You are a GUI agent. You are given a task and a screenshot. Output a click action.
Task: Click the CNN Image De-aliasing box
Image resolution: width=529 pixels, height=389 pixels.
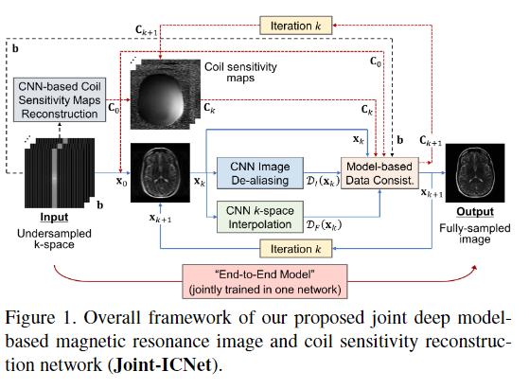[x=260, y=173]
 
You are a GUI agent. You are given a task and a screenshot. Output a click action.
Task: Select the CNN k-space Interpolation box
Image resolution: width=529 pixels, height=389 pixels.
[x=260, y=217]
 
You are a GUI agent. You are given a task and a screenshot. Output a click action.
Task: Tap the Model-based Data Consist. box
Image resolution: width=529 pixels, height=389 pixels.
[x=379, y=173]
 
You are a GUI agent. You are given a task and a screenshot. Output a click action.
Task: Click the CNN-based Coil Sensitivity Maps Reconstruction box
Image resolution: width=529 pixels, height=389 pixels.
[x=60, y=100]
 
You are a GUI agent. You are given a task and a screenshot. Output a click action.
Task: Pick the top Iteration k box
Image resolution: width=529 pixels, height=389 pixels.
[x=295, y=26]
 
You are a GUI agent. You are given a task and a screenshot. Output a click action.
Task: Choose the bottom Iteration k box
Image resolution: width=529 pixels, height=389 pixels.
[x=295, y=249]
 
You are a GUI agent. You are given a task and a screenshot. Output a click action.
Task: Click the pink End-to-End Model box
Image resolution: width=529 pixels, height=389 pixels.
[x=265, y=281]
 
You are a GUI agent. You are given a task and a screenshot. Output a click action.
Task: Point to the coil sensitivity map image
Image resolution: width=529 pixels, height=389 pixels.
[x=166, y=95]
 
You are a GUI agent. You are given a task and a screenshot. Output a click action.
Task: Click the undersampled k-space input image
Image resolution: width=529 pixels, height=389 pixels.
[x=60, y=173]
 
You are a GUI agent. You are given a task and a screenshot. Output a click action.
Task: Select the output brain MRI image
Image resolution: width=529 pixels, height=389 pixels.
[x=475, y=173]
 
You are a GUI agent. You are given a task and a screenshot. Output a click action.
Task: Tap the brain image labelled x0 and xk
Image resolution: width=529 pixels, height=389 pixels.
[x=160, y=173]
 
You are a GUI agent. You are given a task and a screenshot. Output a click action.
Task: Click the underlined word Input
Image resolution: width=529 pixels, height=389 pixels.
[x=54, y=217]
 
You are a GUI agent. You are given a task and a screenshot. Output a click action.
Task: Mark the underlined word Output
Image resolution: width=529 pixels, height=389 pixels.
[x=475, y=212]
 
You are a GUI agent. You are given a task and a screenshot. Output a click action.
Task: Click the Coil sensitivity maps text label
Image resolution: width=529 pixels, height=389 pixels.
[x=240, y=72]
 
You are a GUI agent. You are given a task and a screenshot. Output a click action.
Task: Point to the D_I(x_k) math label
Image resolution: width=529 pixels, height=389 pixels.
[x=322, y=181]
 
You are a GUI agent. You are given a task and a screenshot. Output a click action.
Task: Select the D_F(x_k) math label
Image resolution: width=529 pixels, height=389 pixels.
[x=324, y=224]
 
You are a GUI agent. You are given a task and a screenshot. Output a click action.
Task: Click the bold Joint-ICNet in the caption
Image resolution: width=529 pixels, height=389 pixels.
[x=164, y=364]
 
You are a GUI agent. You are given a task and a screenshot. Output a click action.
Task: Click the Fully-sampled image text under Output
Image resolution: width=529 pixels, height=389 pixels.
[x=475, y=234]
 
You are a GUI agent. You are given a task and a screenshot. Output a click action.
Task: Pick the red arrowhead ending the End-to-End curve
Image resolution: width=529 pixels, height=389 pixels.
[x=475, y=268]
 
